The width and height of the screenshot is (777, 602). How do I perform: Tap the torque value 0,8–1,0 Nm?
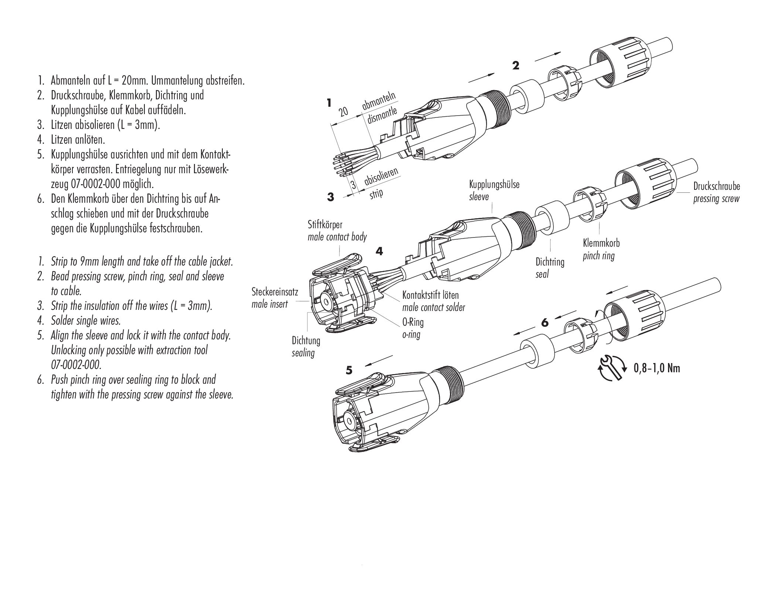[657, 368]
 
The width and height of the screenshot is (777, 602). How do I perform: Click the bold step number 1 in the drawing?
[329, 103]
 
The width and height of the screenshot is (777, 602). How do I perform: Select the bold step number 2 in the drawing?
[516, 66]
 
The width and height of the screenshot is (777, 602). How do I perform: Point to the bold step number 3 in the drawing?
[330, 197]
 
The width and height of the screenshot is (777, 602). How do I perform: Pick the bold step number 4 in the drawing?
[379, 252]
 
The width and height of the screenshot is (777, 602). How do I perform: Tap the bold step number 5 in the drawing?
[350, 370]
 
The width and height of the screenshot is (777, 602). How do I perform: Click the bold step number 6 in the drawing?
[545, 323]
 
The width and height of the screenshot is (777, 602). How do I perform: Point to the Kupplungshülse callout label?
[494, 184]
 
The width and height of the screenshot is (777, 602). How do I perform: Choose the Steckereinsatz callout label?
[275, 293]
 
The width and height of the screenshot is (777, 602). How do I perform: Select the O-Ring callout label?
[413, 322]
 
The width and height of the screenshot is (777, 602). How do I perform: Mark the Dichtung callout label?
[306, 340]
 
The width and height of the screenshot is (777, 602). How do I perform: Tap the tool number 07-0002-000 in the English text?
[76, 365]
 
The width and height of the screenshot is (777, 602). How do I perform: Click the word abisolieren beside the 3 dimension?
[381, 177]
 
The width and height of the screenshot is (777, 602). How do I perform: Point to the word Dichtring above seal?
[550, 262]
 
